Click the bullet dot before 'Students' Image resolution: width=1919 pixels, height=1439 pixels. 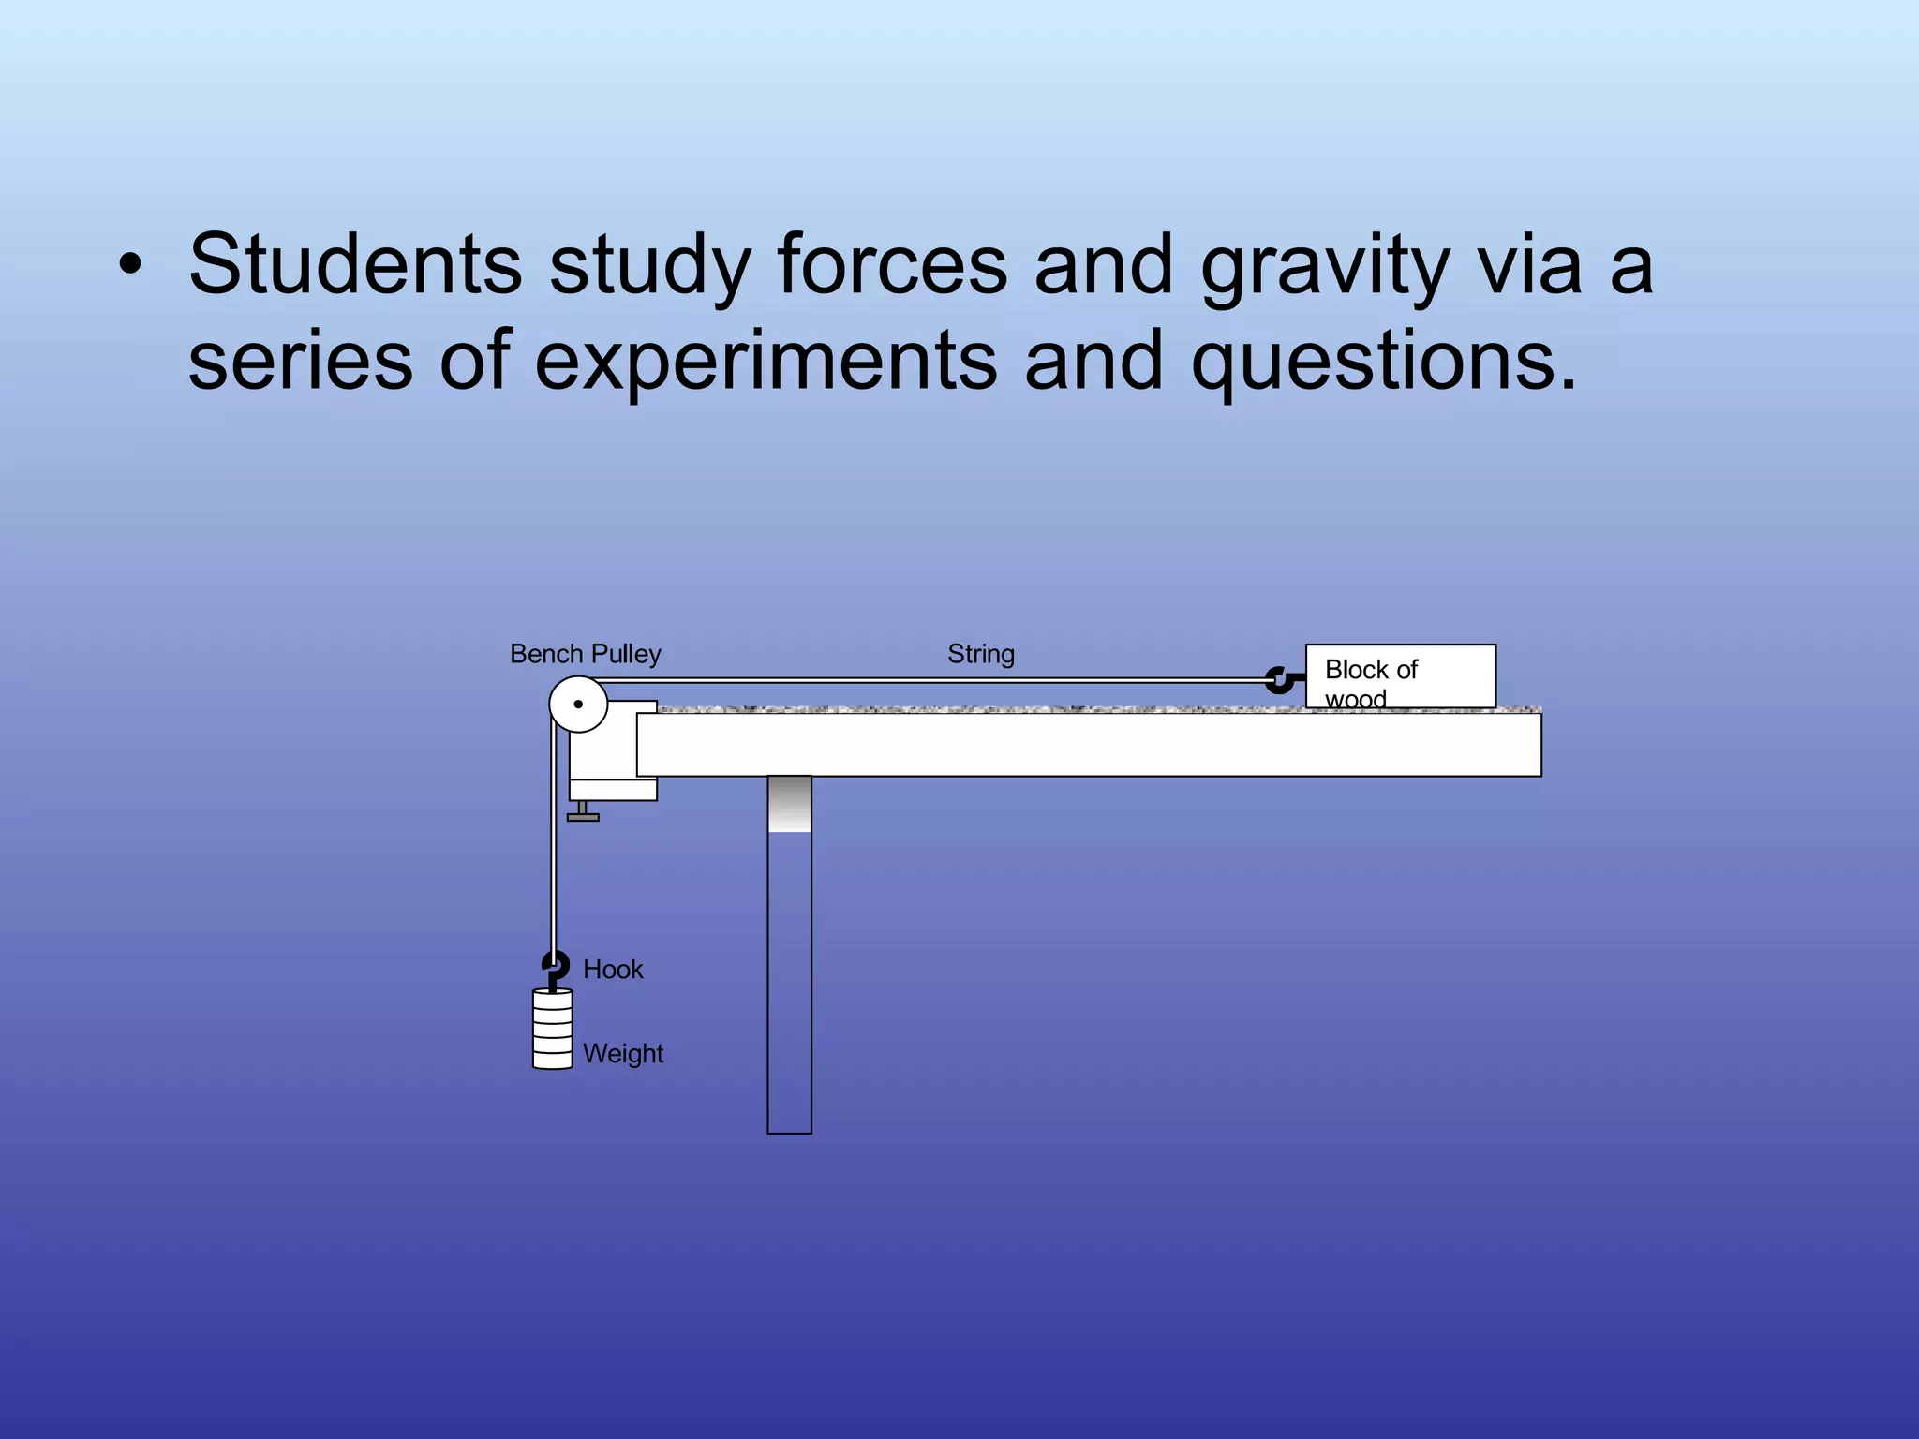click(130, 266)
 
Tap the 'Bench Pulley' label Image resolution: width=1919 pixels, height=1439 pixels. click(585, 654)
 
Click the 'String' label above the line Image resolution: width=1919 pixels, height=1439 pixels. click(980, 654)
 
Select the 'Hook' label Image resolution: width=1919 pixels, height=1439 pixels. click(613, 970)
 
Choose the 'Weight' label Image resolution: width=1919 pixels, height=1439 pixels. click(622, 1054)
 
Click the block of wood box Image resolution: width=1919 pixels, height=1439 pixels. click(1400, 676)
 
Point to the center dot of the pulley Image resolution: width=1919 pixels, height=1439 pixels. click(578, 705)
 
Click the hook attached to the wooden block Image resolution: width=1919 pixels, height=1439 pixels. click(1280, 679)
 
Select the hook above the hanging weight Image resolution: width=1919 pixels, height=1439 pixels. click(555, 966)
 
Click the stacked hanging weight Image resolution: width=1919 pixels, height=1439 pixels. click(553, 1030)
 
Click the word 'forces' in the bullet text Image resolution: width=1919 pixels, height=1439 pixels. click(891, 264)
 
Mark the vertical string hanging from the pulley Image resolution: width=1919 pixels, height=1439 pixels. click(553, 843)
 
